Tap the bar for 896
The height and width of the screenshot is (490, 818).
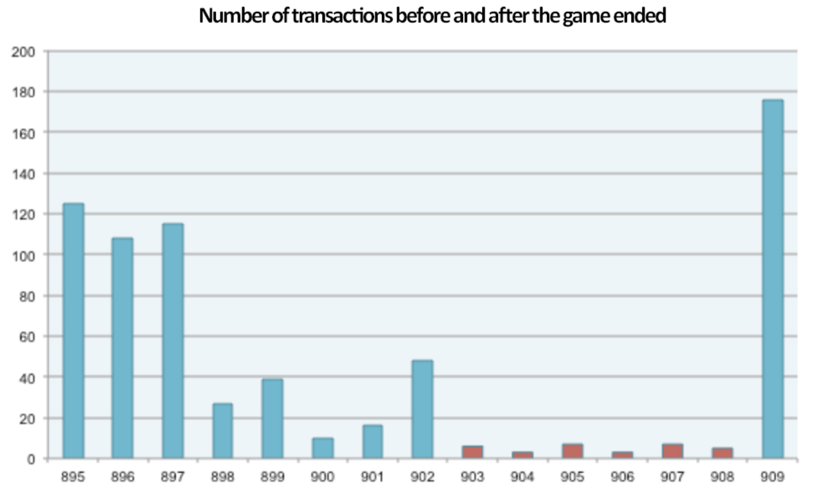point(122,347)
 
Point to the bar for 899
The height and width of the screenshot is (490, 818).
point(272,418)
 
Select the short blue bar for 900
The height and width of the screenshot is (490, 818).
point(323,448)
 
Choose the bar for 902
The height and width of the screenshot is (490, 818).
point(422,409)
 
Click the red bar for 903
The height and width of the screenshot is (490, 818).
point(472,452)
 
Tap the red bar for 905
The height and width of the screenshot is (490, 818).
point(573,451)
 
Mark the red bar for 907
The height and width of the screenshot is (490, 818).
point(672,451)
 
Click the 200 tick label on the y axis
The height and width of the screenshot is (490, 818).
point(24,52)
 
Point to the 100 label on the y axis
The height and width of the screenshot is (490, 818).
point(24,255)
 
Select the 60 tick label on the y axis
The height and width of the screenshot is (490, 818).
point(27,337)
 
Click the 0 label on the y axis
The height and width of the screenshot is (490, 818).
point(31,459)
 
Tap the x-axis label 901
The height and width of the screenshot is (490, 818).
point(372,477)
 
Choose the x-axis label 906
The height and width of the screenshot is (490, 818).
point(622,477)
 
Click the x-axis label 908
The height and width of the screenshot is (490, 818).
point(722,477)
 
